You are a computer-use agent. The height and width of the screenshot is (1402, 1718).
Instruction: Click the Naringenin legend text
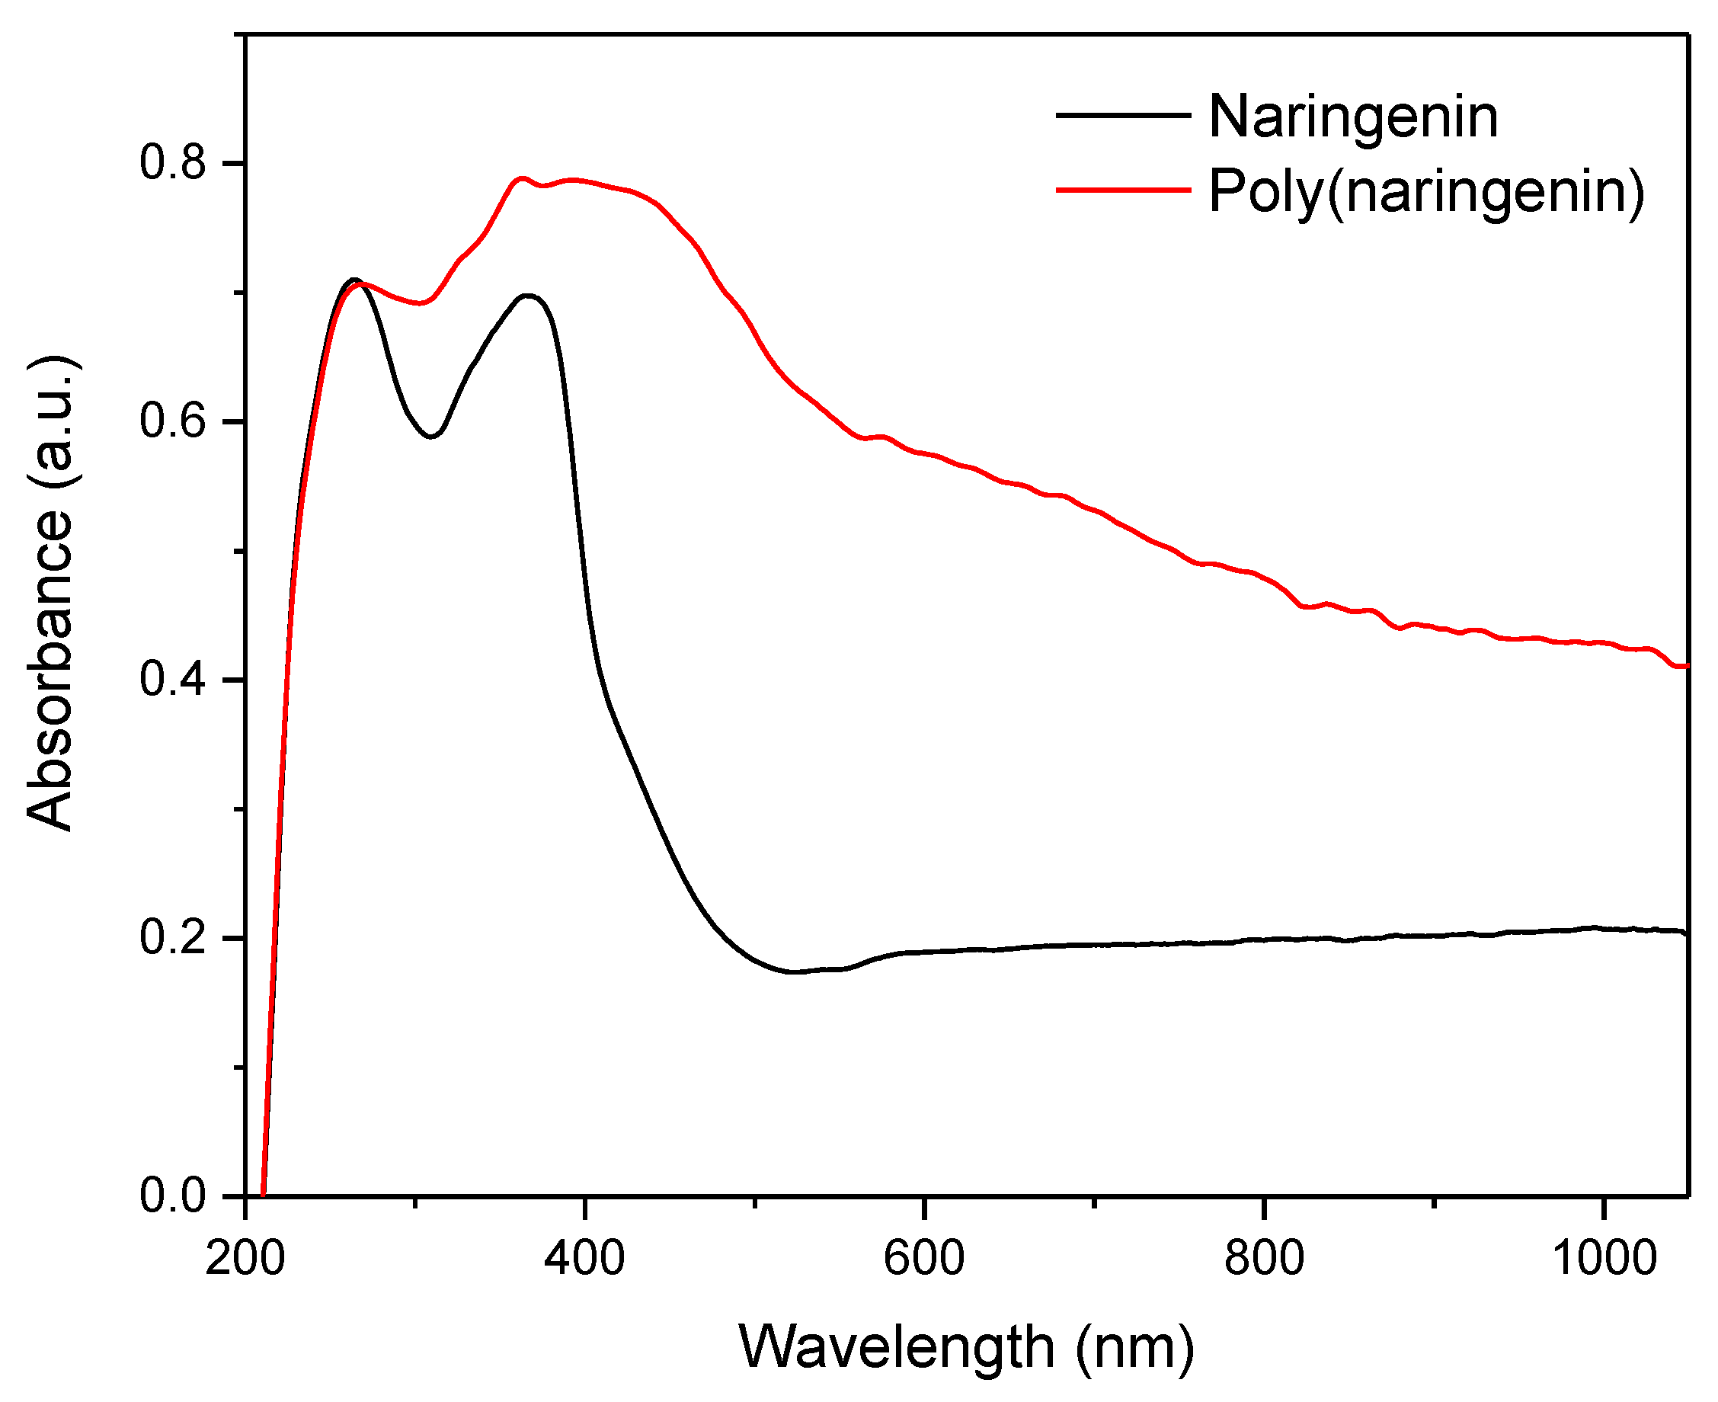click(1353, 117)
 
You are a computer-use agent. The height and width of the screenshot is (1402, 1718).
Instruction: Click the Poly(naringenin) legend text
click(1425, 192)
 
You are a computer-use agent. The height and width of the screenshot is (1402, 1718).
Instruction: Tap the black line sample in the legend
click(1123, 116)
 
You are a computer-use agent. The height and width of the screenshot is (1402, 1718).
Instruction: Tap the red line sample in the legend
click(1123, 190)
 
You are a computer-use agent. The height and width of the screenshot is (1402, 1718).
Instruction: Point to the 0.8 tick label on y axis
click(174, 162)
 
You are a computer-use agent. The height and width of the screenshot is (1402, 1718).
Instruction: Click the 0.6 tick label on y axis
click(174, 421)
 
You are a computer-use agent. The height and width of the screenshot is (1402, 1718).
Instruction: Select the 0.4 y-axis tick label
click(174, 679)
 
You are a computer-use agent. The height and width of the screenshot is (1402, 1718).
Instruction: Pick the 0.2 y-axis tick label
click(174, 938)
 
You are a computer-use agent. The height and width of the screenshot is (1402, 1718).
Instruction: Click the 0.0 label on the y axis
click(174, 1195)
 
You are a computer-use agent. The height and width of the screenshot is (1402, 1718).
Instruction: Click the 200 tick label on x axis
click(245, 1258)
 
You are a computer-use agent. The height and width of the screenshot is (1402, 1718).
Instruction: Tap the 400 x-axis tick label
click(584, 1258)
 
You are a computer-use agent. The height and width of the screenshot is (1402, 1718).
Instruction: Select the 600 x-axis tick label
click(923, 1258)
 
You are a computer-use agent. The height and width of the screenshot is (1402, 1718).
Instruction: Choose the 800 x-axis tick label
click(1263, 1258)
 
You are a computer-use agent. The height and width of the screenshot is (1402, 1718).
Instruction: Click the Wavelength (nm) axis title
click(965, 1346)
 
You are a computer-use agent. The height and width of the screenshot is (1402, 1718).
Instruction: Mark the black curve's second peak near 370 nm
click(529, 295)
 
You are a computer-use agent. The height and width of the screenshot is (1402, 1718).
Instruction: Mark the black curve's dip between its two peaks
click(432, 437)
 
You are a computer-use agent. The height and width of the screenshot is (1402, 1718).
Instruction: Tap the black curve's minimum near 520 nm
click(795, 971)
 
